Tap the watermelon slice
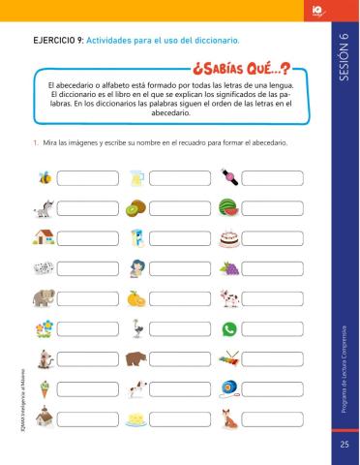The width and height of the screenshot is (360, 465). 228,207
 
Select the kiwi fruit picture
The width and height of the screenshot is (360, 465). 135,207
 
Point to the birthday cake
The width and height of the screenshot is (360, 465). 228,237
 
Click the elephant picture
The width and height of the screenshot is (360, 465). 43,297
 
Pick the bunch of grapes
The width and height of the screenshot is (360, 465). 228,267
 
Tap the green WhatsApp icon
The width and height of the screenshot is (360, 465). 228,328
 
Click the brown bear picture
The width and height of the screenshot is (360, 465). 135,358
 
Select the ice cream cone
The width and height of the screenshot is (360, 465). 43,388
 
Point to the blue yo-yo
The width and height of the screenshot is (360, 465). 228,388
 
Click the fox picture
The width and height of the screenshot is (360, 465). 228,418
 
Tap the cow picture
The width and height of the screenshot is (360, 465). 228,297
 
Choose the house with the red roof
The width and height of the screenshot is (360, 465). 43,237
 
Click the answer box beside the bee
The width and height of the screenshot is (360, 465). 84,177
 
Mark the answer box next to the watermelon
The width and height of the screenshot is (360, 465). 270,207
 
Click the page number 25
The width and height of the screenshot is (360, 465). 345,444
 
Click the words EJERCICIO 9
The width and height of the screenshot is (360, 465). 58,41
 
